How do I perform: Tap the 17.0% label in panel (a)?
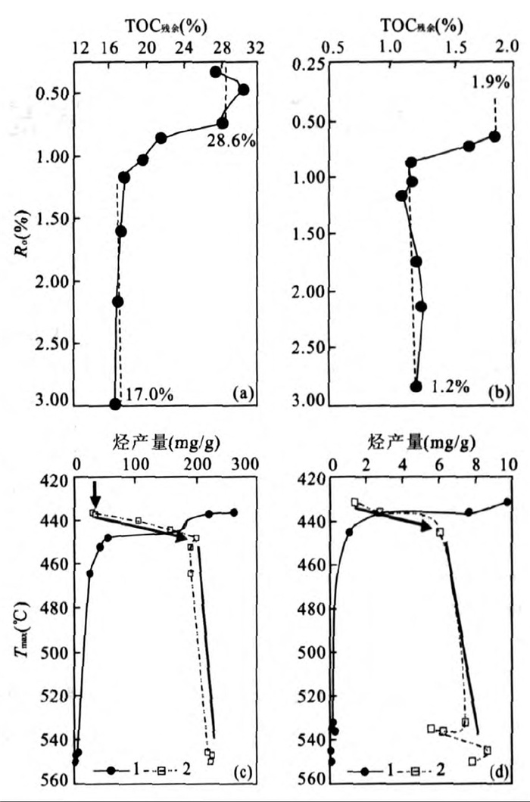pos(150,393)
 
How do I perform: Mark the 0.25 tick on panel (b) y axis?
pos(310,64)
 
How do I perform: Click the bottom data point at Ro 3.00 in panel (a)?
pos(115,404)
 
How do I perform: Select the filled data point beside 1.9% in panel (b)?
pos(494,136)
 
